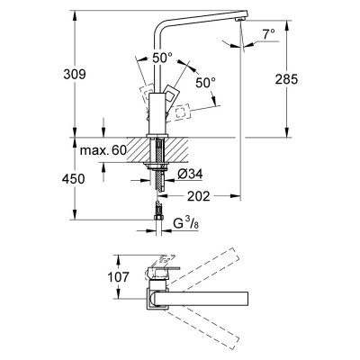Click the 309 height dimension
pos(75,74)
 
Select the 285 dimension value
pos(286,79)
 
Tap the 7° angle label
pos(268,34)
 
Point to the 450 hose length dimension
pos(74,179)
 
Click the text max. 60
pos(103,150)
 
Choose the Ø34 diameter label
pos(190,174)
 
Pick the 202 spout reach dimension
pos(199,196)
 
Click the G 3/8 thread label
pos(186,223)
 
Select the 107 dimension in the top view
pos(118,276)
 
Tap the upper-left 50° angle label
pos(162,58)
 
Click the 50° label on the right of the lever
pos(206,83)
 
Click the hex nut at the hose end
pos(157,218)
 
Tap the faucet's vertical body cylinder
pos(157,113)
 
